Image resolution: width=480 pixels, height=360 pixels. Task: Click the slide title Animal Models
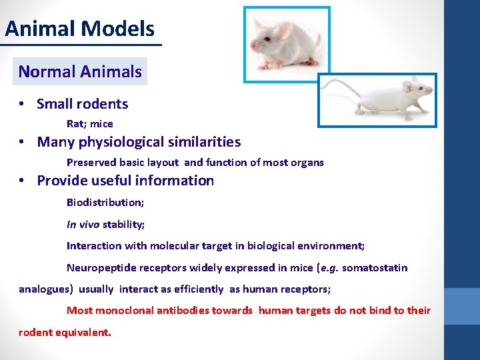[79, 29]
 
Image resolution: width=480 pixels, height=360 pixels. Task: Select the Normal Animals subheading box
[80, 71]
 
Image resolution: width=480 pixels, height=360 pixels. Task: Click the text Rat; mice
[90, 124]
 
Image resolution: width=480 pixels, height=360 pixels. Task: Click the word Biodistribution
[104, 202]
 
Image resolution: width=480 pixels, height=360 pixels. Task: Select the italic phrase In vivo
[83, 225]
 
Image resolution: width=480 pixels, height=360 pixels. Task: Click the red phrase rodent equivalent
[65, 331]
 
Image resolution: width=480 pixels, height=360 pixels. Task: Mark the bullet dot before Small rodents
[22, 104]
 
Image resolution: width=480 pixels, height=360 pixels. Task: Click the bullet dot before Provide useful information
[22, 181]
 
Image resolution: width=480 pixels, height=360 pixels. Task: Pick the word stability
[123, 225]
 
